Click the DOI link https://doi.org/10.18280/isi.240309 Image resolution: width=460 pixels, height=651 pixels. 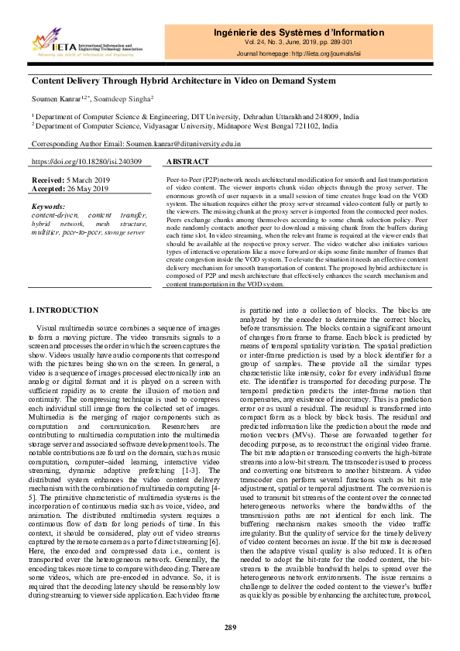click(86, 162)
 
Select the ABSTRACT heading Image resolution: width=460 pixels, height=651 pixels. click(187, 162)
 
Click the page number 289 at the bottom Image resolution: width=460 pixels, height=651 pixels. click(230, 627)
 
